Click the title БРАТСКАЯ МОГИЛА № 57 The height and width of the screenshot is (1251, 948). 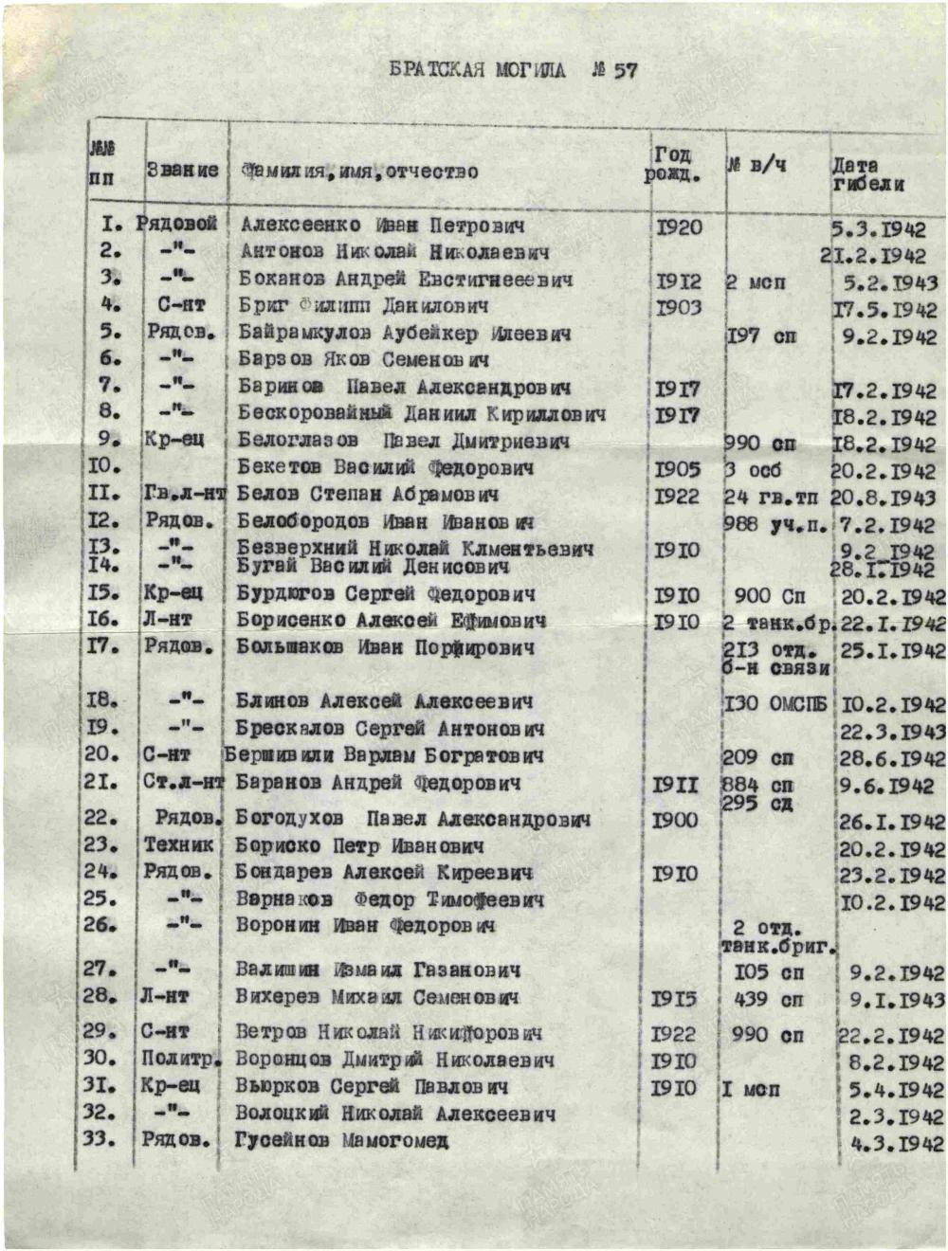pos(513,70)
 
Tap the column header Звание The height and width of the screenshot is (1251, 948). pos(182,171)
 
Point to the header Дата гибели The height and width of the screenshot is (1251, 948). pos(868,174)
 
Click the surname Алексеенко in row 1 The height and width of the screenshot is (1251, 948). pos(301,226)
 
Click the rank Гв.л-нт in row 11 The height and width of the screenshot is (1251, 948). pos(185,494)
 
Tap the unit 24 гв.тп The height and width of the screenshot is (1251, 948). pos(771,497)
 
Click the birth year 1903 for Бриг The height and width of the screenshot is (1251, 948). pos(678,307)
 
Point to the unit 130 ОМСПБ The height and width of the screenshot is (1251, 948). pos(775,704)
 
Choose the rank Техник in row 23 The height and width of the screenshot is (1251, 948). pos(179,844)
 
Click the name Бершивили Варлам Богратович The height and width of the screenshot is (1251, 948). pos(384,756)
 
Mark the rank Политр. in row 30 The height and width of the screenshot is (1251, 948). pos(180,1059)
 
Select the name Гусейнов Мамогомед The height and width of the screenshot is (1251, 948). pos(341,1140)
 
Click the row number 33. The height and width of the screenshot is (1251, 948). pos(100,1137)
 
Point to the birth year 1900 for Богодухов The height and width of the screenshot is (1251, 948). pos(674,819)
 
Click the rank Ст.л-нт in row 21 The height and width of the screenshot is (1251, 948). pos(184,783)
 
